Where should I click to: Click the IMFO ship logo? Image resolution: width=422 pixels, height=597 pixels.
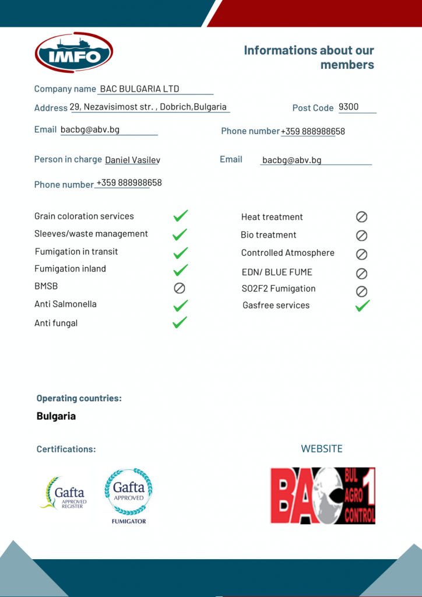coord(73,52)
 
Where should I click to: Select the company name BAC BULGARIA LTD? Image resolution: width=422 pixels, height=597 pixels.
coord(139,89)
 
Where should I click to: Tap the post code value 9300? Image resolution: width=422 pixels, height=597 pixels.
coord(349,107)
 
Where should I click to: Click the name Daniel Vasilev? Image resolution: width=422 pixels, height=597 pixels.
coord(132,160)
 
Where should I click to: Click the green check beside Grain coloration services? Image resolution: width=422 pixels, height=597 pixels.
coord(180,216)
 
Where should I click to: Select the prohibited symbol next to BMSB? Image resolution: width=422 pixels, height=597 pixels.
coord(180,288)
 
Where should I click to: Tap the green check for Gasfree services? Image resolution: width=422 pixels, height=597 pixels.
coord(363,305)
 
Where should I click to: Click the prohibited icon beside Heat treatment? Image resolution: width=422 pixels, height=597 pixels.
coord(361,217)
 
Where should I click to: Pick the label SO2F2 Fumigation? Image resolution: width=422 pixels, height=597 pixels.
coord(279,289)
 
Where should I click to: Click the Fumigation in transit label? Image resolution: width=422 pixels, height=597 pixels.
coord(76,251)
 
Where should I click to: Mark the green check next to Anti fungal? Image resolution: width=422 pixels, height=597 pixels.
coord(180,322)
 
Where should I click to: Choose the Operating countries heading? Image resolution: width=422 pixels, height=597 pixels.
coord(79,398)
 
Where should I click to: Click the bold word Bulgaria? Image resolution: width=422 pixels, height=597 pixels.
coord(56,416)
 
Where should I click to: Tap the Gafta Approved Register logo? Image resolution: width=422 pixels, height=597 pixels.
coord(64,493)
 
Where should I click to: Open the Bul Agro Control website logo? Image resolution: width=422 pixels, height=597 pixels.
coord(322,495)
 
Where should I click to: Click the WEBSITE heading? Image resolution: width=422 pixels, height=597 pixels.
coord(322,448)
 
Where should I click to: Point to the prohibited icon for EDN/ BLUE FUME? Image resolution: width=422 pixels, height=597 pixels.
coord(361,273)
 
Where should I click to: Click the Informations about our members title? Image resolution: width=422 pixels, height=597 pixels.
coord(309,57)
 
